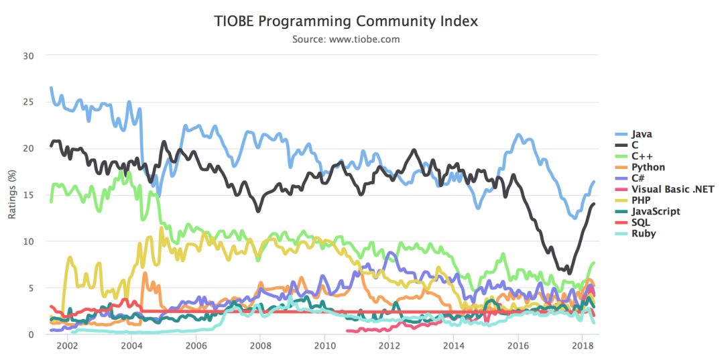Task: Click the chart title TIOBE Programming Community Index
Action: pyautogui.click(x=346, y=21)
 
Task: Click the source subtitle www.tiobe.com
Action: pyautogui.click(x=346, y=40)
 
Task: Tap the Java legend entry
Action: pyautogui.click(x=642, y=134)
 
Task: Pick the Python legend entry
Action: pyautogui.click(x=648, y=167)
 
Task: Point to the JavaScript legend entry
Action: pyautogui.click(x=656, y=211)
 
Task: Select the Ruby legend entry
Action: pyautogui.click(x=644, y=233)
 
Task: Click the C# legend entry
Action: pyautogui.click(x=640, y=178)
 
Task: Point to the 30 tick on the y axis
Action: pyautogui.click(x=28, y=55)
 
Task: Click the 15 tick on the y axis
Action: pyautogui.click(x=28, y=194)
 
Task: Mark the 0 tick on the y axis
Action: pyautogui.click(x=31, y=334)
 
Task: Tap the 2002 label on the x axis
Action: pyautogui.click(x=66, y=346)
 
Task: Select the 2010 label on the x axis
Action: pyautogui.click(x=324, y=346)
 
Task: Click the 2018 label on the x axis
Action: pyautogui.click(x=583, y=346)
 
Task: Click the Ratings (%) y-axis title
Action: pyautogui.click(x=11, y=194)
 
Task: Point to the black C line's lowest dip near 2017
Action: pyautogui.click(x=570, y=273)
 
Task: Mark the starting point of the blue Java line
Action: pyautogui.click(x=51, y=88)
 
